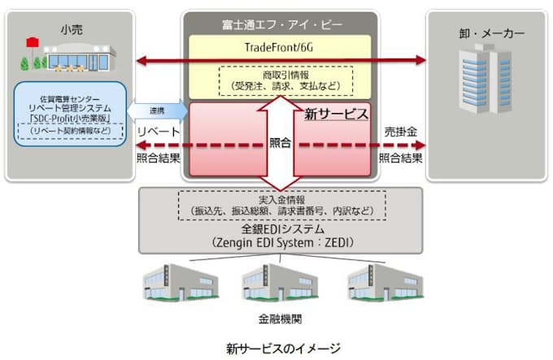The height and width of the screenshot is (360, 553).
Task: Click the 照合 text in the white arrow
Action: (280, 142)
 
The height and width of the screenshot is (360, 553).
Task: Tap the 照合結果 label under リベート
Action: (159, 157)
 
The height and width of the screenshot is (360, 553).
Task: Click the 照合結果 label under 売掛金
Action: (400, 157)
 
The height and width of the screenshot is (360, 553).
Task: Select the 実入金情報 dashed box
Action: (280, 206)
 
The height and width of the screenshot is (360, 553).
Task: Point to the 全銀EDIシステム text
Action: (280, 230)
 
